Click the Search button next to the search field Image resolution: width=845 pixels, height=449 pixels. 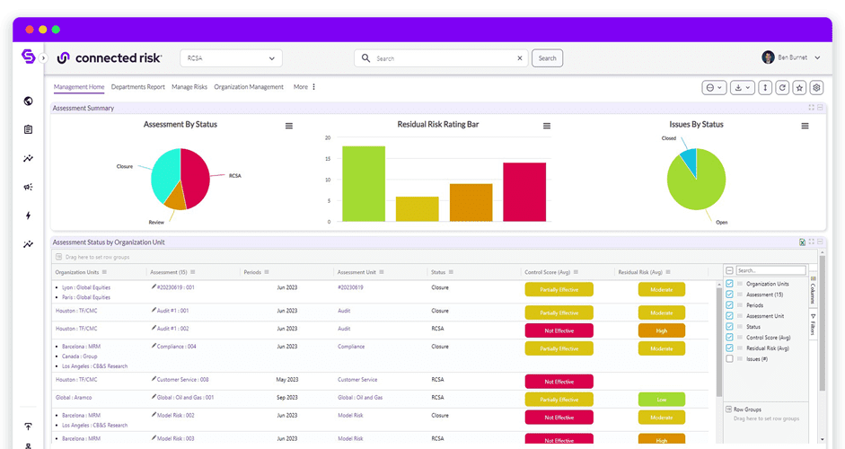click(547, 58)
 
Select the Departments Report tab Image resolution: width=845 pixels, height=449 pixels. click(137, 87)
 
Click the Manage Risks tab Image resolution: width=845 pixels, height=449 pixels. click(189, 87)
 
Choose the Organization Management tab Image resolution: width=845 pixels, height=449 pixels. click(249, 87)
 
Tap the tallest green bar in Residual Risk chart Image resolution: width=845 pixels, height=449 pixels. click(364, 183)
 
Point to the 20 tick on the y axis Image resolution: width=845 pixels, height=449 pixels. click(328, 138)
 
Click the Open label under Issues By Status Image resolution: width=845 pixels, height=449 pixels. click(721, 222)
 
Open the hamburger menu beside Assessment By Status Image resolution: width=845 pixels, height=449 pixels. click(289, 126)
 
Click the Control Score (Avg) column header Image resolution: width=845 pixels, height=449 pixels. click(548, 272)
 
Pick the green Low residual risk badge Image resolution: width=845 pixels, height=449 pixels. click(661, 399)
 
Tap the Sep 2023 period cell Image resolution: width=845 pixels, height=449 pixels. click(286, 397)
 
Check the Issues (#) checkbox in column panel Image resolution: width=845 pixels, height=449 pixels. click(729, 358)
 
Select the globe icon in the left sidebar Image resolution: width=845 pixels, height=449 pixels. click(29, 101)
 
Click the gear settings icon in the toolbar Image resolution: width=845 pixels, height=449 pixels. click(816, 87)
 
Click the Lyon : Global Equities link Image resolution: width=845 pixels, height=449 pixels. click(86, 287)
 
